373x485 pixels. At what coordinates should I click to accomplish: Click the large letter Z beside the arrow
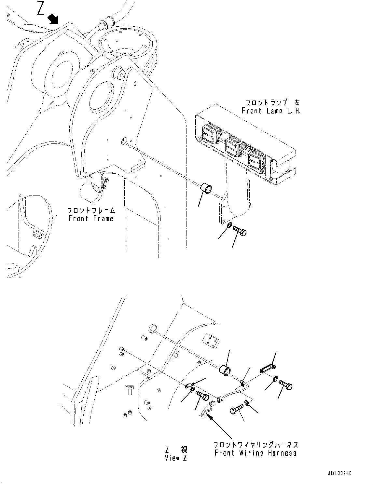click(41, 9)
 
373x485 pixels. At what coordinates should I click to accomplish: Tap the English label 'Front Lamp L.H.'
click(270, 111)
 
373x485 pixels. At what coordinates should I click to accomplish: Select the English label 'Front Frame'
click(91, 219)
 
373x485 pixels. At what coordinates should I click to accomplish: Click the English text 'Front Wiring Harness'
click(256, 453)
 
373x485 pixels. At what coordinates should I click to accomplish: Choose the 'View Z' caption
click(172, 458)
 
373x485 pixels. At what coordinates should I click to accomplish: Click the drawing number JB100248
click(339, 474)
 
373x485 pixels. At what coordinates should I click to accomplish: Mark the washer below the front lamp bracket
click(229, 225)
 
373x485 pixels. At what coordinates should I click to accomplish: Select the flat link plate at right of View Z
click(268, 369)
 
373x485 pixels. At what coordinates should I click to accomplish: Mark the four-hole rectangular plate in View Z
click(210, 340)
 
